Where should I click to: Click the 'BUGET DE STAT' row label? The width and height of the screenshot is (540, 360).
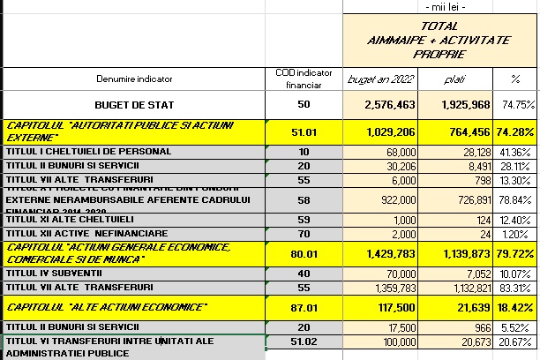[x=135, y=105]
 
